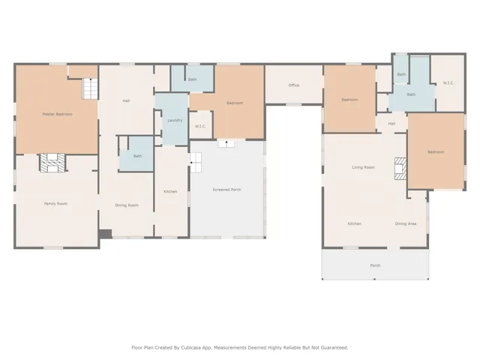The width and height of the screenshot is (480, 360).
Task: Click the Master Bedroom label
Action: pyautogui.click(x=57, y=114)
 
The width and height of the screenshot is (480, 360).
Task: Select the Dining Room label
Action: pyautogui.click(x=127, y=205)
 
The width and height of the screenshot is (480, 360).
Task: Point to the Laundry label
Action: pyautogui.click(x=175, y=120)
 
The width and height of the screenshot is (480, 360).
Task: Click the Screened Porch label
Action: pyautogui.click(x=226, y=190)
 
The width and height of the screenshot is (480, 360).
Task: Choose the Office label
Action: pyautogui.click(x=294, y=85)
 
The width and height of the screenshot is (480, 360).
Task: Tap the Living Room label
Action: pyautogui.click(x=363, y=167)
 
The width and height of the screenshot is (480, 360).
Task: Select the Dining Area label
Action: pyautogui.click(x=406, y=223)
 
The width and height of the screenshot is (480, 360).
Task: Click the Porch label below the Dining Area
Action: pyautogui.click(x=375, y=265)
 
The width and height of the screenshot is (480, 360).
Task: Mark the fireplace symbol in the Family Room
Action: pyautogui.click(x=54, y=163)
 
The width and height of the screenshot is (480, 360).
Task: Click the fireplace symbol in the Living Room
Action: pyautogui.click(x=400, y=169)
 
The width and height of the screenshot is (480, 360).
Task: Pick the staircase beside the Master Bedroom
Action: pyautogui.click(x=90, y=88)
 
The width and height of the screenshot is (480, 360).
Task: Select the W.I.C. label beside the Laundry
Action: pyautogui.click(x=201, y=126)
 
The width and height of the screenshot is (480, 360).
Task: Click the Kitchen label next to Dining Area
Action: pyautogui.click(x=355, y=223)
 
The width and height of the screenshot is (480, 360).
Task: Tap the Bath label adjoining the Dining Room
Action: pyautogui.click(x=137, y=156)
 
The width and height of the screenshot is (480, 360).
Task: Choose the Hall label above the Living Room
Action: pyautogui.click(x=391, y=124)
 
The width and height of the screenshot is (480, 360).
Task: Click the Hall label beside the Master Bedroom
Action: pyautogui.click(x=127, y=100)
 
